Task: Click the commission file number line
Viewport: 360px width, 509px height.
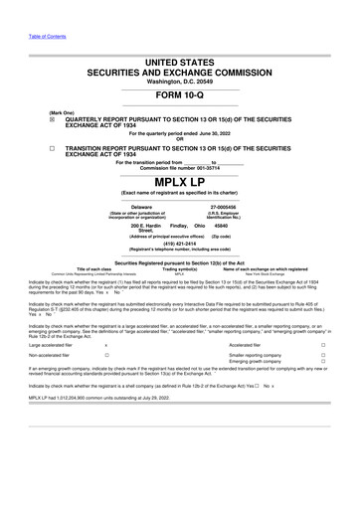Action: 180,168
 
